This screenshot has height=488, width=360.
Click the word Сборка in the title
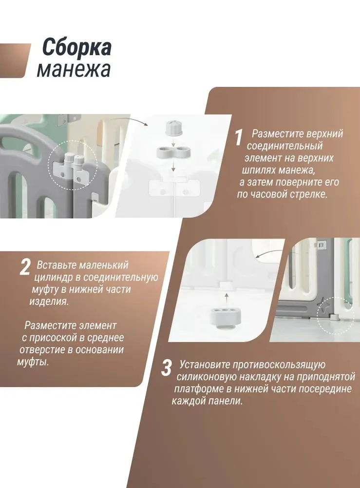point(76,48)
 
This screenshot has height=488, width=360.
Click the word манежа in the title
point(74,70)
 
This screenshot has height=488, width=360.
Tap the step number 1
point(238,138)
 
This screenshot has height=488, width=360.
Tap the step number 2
point(25,268)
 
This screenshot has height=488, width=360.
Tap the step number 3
point(167,368)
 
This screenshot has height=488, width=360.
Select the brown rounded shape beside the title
point(15,60)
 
